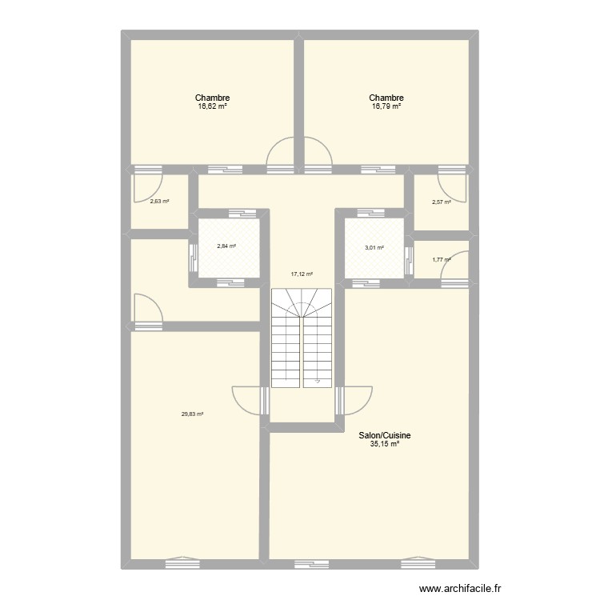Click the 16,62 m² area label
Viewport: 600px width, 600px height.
(213, 106)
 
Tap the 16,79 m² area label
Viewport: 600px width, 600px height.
(386, 106)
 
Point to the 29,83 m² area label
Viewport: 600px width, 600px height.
(192, 414)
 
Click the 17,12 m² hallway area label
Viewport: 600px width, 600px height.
(302, 274)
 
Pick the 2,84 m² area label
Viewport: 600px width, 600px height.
(226, 246)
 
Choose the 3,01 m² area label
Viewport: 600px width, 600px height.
(374, 248)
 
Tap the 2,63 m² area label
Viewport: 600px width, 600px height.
(159, 201)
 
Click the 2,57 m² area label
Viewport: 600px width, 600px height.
(442, 202)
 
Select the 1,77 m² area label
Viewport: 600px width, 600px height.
(441, 258)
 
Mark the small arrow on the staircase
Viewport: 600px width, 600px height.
(318, 382)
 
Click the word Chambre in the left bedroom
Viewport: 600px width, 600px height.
(213, 98)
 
